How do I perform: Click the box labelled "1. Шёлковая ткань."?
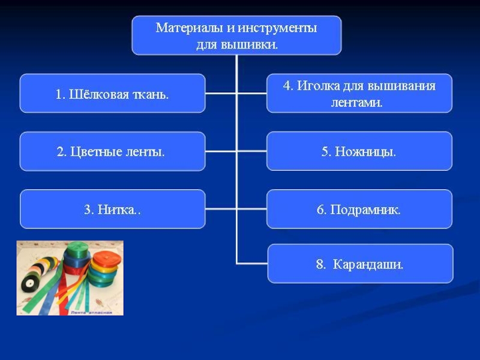(112, 94)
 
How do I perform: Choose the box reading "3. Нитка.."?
(112, 209)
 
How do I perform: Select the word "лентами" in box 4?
(357, 103)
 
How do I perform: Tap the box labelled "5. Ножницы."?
(359, 152)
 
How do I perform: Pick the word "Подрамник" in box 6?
(365, 210)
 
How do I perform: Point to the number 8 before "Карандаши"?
(320, 264)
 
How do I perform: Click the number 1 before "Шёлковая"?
(59, 94)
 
